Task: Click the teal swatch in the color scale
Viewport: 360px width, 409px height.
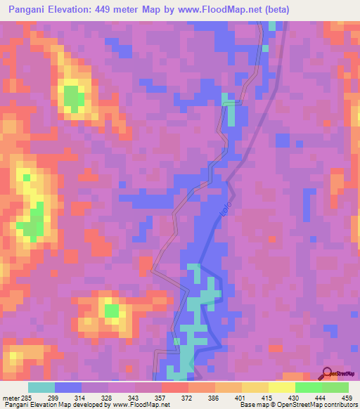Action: click(x=41, y=387)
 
